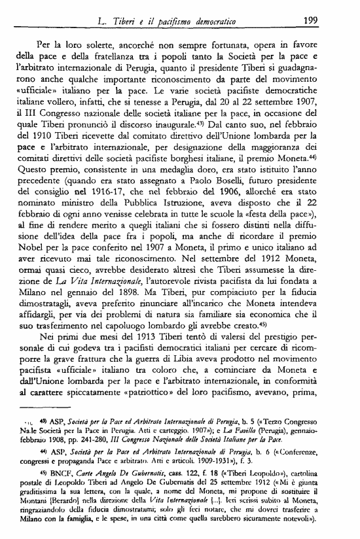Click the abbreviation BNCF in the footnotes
pyautogui.click(x=56, y=469)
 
